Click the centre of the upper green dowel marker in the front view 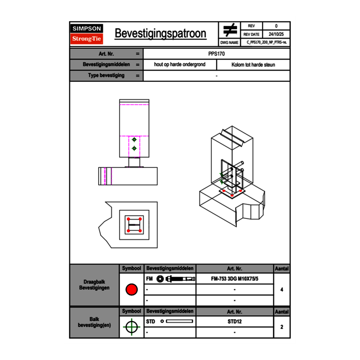click(134, 139)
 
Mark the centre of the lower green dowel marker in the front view click(134, 148)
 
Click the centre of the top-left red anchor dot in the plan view click(128, 219)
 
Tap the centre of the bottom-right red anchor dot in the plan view click(140, 231)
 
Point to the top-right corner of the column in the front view click(149, 99)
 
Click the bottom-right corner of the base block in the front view click(157, 185)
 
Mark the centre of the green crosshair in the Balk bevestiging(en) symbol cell click(132, 327)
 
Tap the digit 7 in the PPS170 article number click(220, 54)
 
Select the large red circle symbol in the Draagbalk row click(132, 289)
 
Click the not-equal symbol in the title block click(230, 30)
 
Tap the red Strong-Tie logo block click(87, 38)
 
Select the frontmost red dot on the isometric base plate click(232, 196)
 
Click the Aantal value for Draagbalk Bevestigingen click(282, 290)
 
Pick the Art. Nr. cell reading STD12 click(235, 322)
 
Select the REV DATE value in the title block click(276, 34)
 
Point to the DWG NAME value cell click(265, 43)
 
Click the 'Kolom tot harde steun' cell click(253, 65)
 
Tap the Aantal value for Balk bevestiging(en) click(282, 327)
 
